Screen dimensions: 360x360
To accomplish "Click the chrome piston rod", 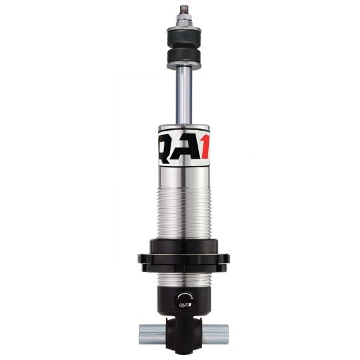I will click(180, 95).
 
